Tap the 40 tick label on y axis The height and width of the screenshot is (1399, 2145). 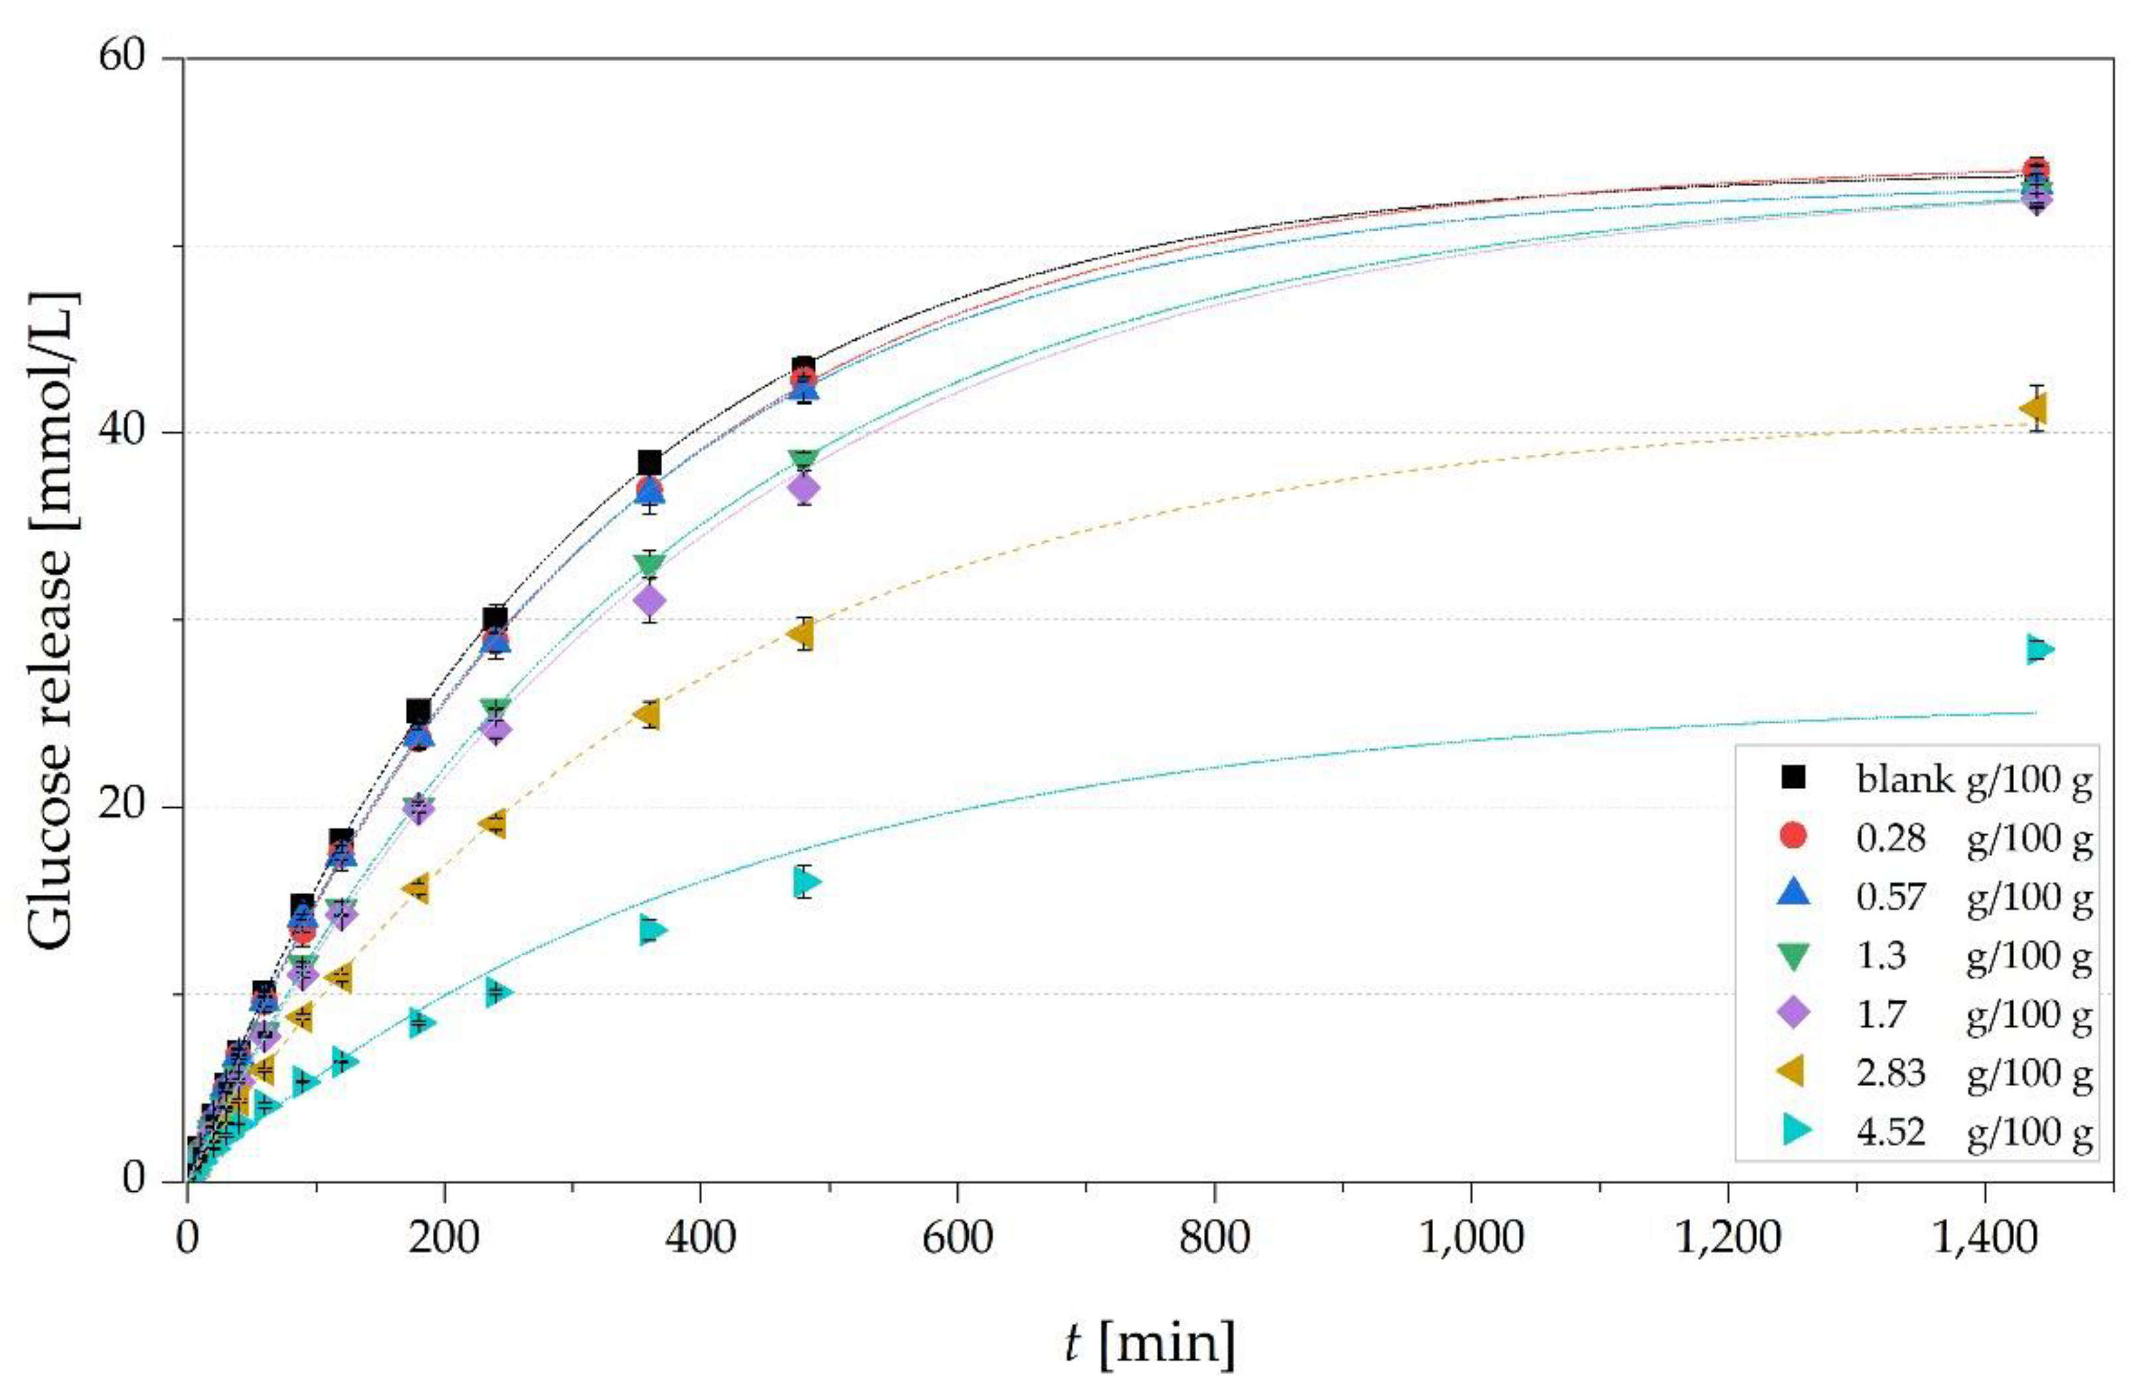(122, 432)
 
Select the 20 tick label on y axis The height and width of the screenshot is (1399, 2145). (122, 806)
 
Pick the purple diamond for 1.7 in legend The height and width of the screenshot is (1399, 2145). (1794, 1013)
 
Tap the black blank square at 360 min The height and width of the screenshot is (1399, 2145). (649, 463)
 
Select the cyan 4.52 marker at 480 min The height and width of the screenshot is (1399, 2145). (808, 882)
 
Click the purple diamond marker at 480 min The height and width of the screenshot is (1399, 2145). (804, 488)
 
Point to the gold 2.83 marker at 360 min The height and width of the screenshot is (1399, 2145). (647, 715)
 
